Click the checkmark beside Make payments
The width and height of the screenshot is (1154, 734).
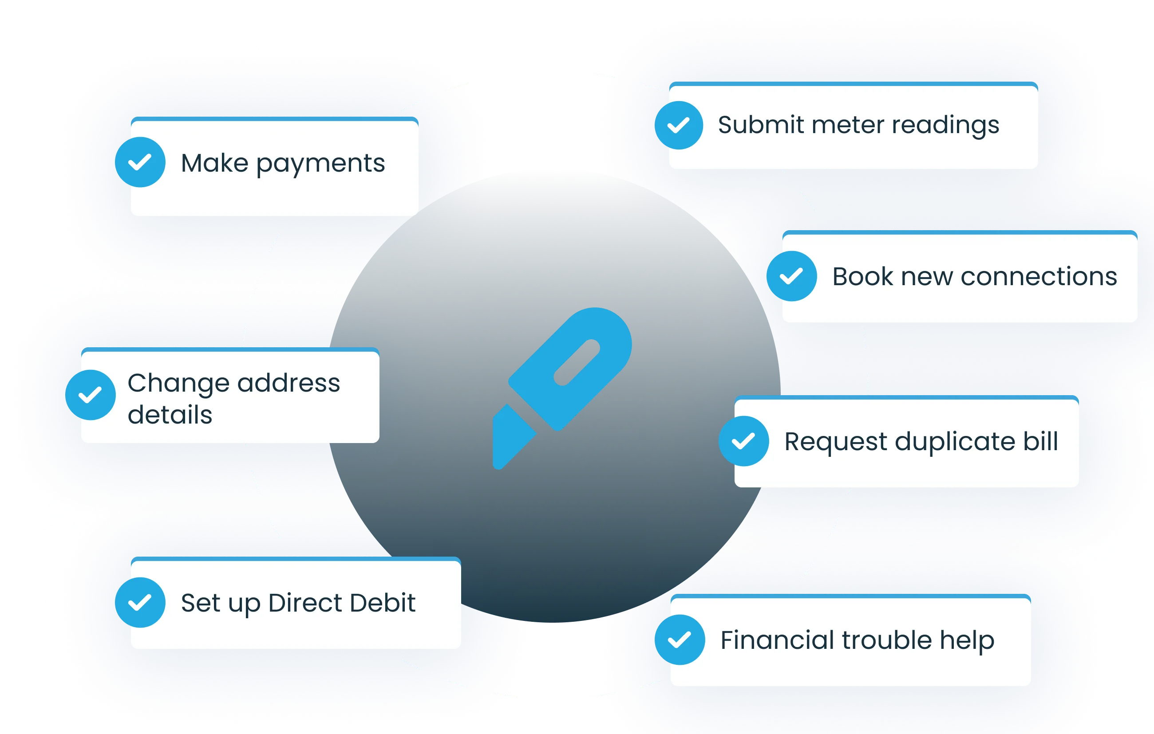(140, 162)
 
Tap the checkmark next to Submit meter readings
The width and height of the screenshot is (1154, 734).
(679, 125)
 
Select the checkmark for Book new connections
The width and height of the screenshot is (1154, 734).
(792, 276)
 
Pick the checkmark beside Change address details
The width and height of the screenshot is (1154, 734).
(91, 395)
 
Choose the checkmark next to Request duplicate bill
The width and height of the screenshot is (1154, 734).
(744, 441)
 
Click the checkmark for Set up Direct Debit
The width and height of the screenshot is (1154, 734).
(140, 602)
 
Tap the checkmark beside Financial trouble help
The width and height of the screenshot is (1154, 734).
(680, 640)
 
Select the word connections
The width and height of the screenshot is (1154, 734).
(1039, 277)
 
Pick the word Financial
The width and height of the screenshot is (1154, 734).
(777, 640)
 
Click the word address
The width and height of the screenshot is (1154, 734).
(288, 383)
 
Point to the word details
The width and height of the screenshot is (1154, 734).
(170, 415)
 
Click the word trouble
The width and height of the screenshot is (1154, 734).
(887, 640)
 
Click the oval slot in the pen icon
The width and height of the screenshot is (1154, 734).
(577, 362)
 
